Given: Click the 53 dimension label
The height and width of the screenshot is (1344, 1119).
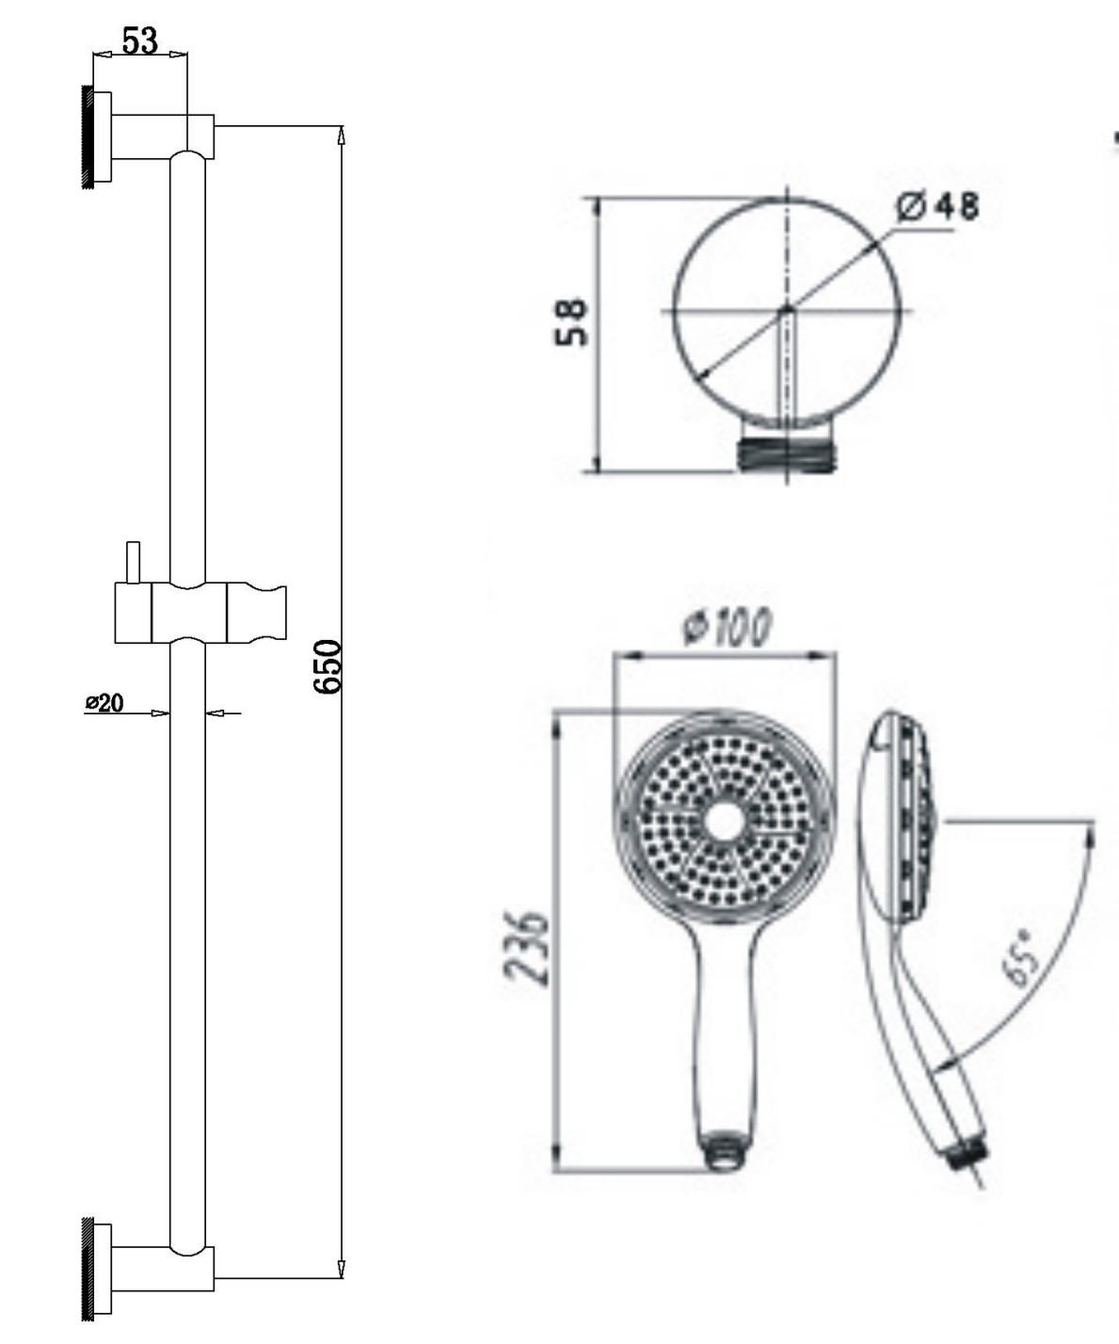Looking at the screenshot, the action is pos(139,41).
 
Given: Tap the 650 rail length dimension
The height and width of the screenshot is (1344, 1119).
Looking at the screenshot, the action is pos(328,666).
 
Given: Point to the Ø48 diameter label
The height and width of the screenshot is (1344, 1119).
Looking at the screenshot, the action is pos(937,207).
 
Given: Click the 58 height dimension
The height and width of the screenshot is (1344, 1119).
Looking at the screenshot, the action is pos(571,322).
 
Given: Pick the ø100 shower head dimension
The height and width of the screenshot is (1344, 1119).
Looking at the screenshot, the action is pos(727,626).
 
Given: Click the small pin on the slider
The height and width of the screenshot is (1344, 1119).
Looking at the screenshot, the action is pos(134,563).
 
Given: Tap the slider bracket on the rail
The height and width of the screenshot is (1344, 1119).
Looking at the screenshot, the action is pos(200,614).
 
